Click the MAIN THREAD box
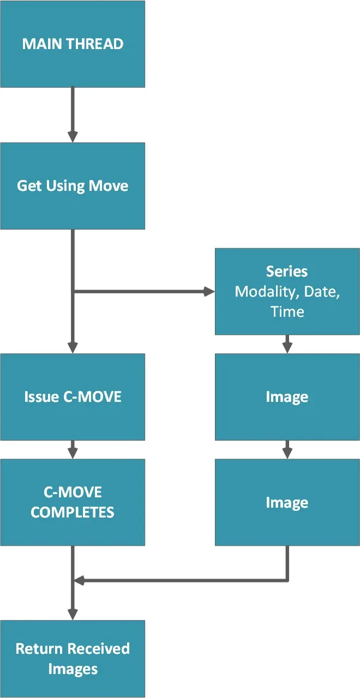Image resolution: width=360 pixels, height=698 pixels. pos(73,44)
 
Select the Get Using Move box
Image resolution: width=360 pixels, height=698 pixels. pos(73,186)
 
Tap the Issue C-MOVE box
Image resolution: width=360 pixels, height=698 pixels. pos(73,396)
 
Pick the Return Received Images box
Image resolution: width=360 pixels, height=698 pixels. pos(73,658)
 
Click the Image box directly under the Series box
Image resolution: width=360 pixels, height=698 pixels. pos(287,397)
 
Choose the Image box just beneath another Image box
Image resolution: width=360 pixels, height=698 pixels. pos(287,502)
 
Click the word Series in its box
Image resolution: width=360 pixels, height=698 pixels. pos(287,272)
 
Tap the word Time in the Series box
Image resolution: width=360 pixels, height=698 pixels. pos(287,312)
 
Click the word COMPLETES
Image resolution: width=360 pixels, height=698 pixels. pos(73,513)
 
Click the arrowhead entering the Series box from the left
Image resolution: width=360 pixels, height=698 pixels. pos(209,292)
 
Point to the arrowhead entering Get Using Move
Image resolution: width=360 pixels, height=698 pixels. pos(73,137)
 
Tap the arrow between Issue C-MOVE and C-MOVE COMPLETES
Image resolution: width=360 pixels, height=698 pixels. pos(73,450)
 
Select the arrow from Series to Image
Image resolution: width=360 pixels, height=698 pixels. pos(287,345)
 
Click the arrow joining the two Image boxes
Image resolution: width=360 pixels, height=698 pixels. pos(287,450)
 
